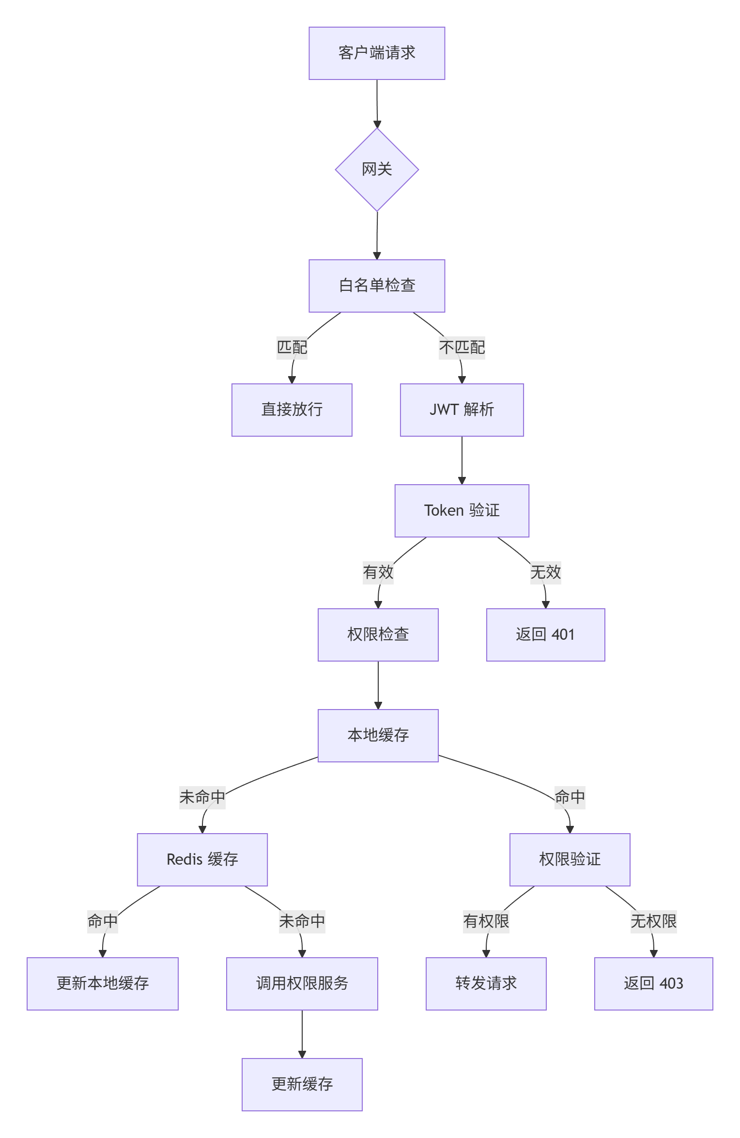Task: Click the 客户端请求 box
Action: click(x=376, y=53)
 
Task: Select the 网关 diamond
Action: click(x=376, y=170)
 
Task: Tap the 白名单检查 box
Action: click(x=376, y=286)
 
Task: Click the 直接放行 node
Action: click(x=292, y=410)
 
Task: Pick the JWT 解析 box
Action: click(x=462, y=410)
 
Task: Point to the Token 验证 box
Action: click(x=462, y=511)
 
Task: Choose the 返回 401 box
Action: click(x=545, y=635)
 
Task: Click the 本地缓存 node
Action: click(x=378, y=736)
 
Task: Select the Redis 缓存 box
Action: click(x=202, y=860)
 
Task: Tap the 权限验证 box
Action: click(x=570, y=860)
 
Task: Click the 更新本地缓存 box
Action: click(x=102, y=984)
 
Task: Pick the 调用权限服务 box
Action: click(x=302, y=984)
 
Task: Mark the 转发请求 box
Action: click(x=486, y=984)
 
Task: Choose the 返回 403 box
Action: click(x=653, y=984)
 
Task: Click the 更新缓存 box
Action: click(x=302, y=1085)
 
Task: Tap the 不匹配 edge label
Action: click(x=462, y=348)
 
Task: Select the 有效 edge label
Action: click(x=378, y=572)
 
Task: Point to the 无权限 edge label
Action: click(x=653, y=921)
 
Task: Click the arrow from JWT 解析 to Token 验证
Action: click(x=462, y=460)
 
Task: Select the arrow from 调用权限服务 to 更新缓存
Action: click(x=302, y=1034)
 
